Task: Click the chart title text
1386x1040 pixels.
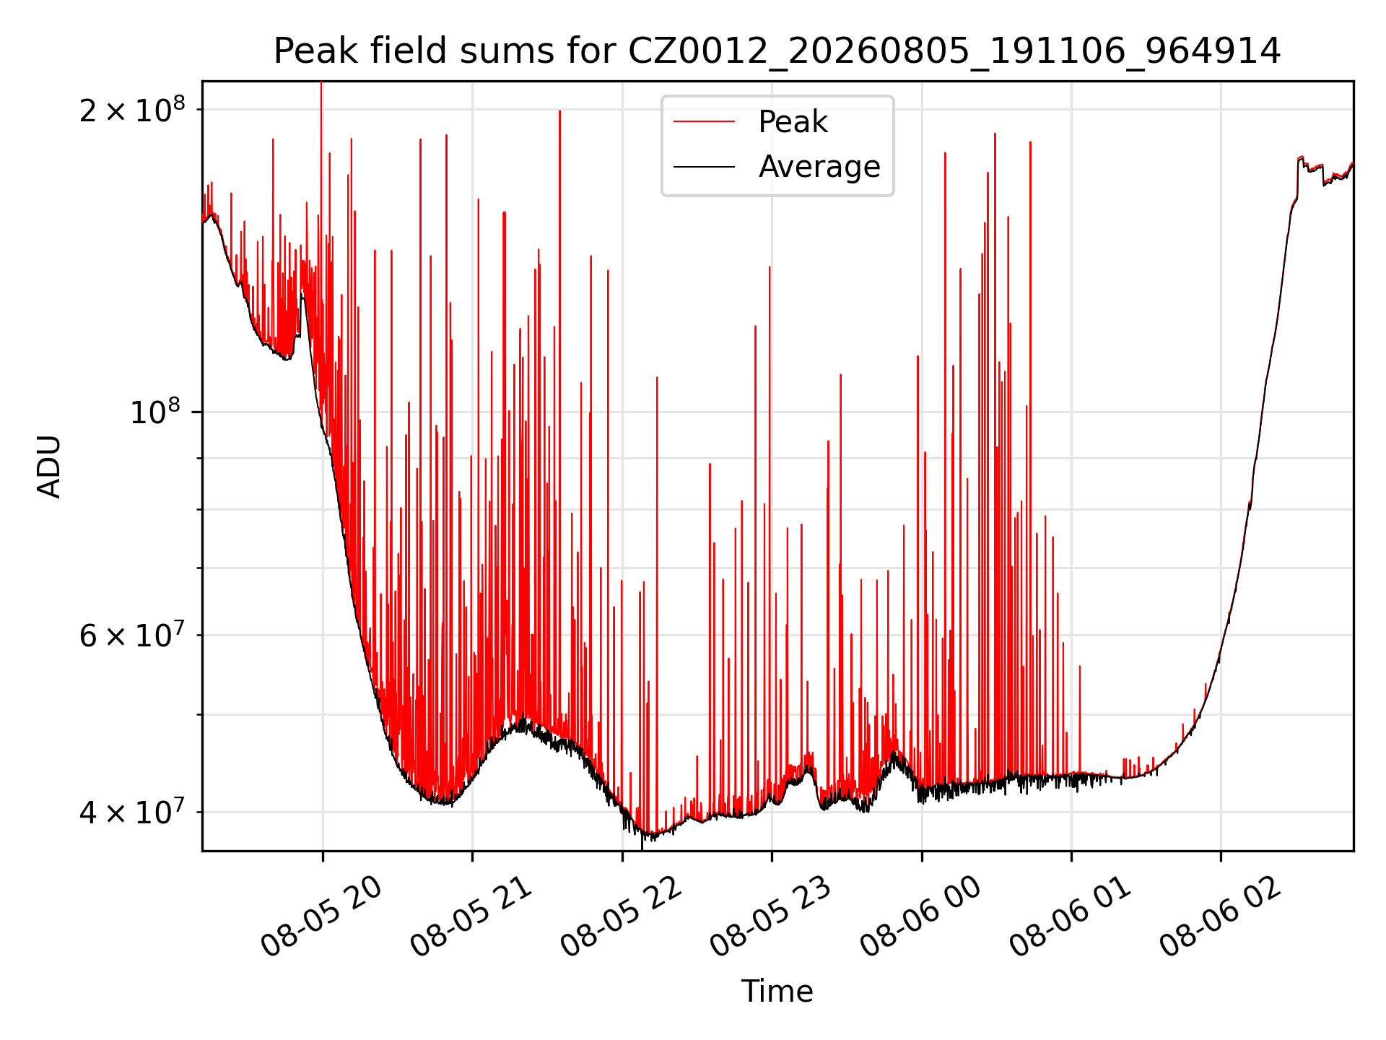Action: pyautogui.click(x=777, y=51)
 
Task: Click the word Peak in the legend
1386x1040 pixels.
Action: pyautogui.click(x=793, y=122)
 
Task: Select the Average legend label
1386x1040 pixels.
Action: pyautogui.click(x=819, y=167)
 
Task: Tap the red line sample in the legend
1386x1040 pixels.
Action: pyautogui.click(x=705, y=122)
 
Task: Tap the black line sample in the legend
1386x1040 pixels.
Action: pyautogui.click(x=705, y=167)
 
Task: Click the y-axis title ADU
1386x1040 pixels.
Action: pyautogui.click(x=49, y=467)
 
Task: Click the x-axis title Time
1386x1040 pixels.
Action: pyautogui.click(x=777, y=992)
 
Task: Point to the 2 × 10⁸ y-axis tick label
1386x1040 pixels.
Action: pyautogui.click(x=132, y=110)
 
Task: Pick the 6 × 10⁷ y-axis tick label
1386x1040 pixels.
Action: pyautogui.click(x=132, y=636)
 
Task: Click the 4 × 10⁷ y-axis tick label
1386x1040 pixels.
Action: pyautogui.click(x=132, y=812)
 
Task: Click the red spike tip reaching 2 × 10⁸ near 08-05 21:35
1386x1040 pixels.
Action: pyautogui.click(x=559, y=111)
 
